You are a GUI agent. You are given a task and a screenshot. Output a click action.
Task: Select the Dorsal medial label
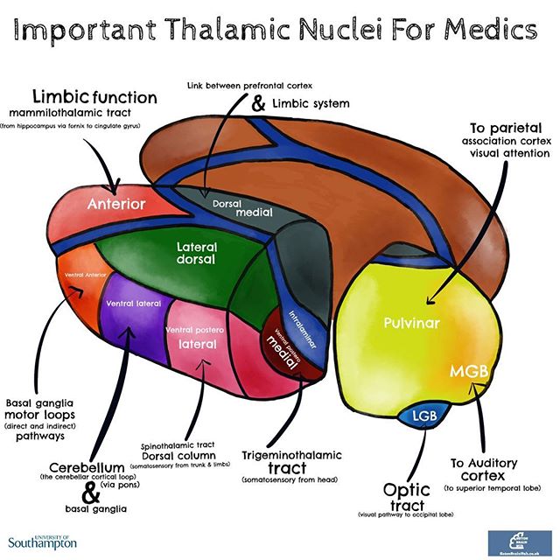[243, 207]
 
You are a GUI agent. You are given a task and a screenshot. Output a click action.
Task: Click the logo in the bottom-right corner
[518, 541]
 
